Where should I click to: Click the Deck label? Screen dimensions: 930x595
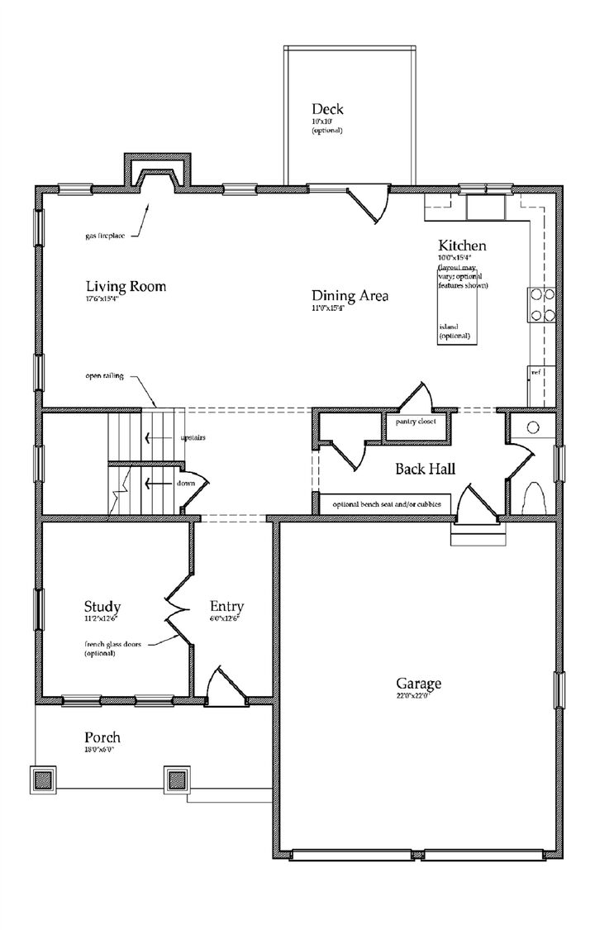tap(327, 109)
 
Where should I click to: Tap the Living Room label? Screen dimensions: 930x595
tap(126, 287)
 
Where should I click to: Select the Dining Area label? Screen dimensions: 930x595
tap(350, 296)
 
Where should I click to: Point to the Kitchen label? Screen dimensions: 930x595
tap(461, 246)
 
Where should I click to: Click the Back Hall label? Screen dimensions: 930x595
tap(425, 469)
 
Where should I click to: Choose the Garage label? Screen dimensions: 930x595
tap(418, 684)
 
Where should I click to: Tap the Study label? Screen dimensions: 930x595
tap(103, 605)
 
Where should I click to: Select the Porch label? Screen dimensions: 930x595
tap(102, 737)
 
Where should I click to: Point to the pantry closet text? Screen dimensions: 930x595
tap(416, 422)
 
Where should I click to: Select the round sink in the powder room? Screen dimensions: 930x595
tap(533, 427)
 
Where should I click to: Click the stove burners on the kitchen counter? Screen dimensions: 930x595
tap(540, 303)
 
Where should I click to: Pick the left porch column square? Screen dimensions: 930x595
tap(45, 779)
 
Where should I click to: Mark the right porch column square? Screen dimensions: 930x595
tap(176, 779)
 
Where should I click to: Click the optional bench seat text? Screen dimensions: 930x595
tap(386, 504)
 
